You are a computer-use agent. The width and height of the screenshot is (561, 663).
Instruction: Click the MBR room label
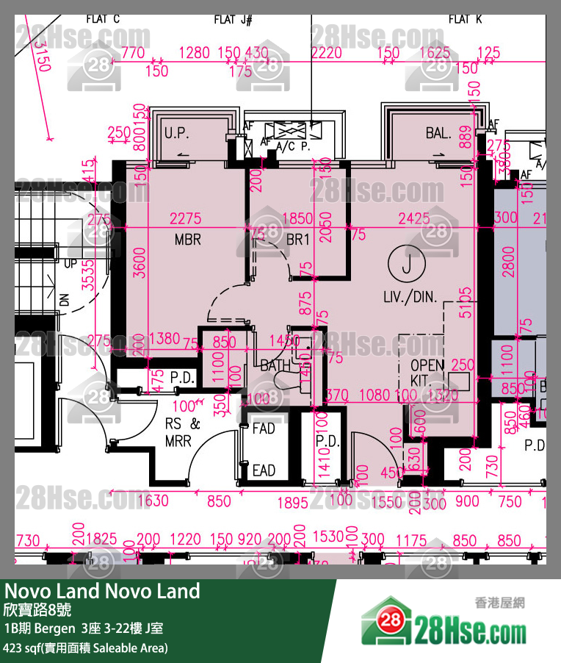188,240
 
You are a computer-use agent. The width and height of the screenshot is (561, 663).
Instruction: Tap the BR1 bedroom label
299,240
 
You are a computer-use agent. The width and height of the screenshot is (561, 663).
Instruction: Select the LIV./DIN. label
410,298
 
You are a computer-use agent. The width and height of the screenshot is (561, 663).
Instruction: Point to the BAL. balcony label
438,133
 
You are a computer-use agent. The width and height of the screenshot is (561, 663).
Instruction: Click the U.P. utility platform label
178,134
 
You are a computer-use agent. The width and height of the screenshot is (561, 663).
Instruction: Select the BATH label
276,365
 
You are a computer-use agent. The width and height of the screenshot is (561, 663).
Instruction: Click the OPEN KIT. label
427,373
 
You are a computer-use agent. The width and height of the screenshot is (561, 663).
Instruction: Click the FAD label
264,428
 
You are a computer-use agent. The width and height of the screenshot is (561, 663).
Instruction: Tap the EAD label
264,470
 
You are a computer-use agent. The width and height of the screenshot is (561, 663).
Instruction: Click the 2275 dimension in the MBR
185,219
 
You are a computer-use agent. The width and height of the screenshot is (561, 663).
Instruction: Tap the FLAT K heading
465,20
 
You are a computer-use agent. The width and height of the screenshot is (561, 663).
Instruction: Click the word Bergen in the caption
54,628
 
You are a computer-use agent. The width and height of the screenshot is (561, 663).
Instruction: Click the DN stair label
64,299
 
